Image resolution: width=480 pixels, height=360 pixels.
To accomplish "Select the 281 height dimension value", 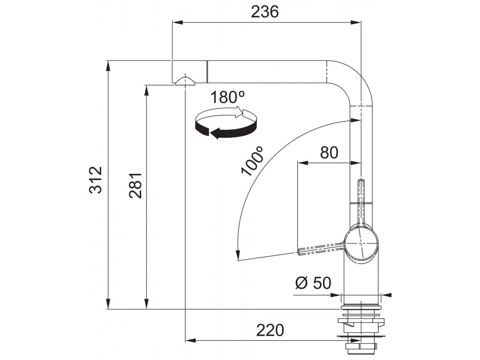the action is tap(136, 183).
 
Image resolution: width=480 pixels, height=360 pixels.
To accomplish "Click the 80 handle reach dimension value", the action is tap(329, 152).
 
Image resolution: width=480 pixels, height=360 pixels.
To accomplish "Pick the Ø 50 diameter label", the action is tap(313, 283).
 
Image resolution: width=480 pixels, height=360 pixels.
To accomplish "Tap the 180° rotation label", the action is tap(227, 97).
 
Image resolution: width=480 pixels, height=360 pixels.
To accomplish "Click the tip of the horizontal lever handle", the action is tap(300, 252).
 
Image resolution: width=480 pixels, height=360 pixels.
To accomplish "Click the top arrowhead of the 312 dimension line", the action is tap(108, 64).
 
